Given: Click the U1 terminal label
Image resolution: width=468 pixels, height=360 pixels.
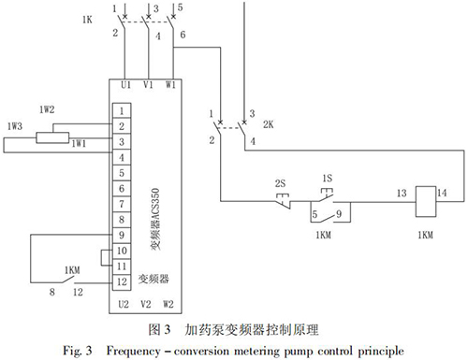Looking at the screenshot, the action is [x=125, y=85].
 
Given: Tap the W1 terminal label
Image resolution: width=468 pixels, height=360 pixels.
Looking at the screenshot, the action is [x=170, y=85].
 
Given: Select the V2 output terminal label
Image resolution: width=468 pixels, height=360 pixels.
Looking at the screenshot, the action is [x=146, y=304].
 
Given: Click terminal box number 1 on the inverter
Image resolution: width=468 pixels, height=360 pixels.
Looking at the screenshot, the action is [x=122, y=110].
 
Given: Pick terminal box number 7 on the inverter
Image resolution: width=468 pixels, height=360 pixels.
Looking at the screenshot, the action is [x=122, y=204].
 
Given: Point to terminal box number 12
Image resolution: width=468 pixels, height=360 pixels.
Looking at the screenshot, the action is [x=122, y=282].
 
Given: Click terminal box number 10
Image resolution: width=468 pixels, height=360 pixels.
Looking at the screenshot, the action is [x=122, y=251].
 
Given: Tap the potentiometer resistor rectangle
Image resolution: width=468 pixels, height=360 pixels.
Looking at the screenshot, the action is [x=52, y=137].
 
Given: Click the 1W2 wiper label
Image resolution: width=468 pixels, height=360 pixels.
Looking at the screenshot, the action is [x=47, y=109].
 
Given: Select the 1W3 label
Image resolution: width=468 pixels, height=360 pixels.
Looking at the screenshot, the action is [x=15, y=126].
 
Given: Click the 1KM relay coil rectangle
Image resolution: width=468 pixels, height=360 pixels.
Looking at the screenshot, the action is [x=426, y=201].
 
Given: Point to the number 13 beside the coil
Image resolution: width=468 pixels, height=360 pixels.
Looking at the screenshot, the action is [x=402, y=194].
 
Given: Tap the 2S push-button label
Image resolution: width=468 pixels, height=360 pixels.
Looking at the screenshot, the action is [x=280, y=183].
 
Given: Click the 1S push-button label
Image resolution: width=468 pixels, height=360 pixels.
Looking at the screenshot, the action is [x=328, y=179].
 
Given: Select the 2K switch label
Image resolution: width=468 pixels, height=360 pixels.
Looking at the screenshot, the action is [x=269, y=124].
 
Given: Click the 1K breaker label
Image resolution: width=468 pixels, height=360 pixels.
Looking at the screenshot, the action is [x=87, y=20].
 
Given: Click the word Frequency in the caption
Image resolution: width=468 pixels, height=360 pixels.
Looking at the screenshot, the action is [x=133, y=351].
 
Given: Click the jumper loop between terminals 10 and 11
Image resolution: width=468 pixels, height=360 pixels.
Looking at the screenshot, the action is [x=101, y=258].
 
